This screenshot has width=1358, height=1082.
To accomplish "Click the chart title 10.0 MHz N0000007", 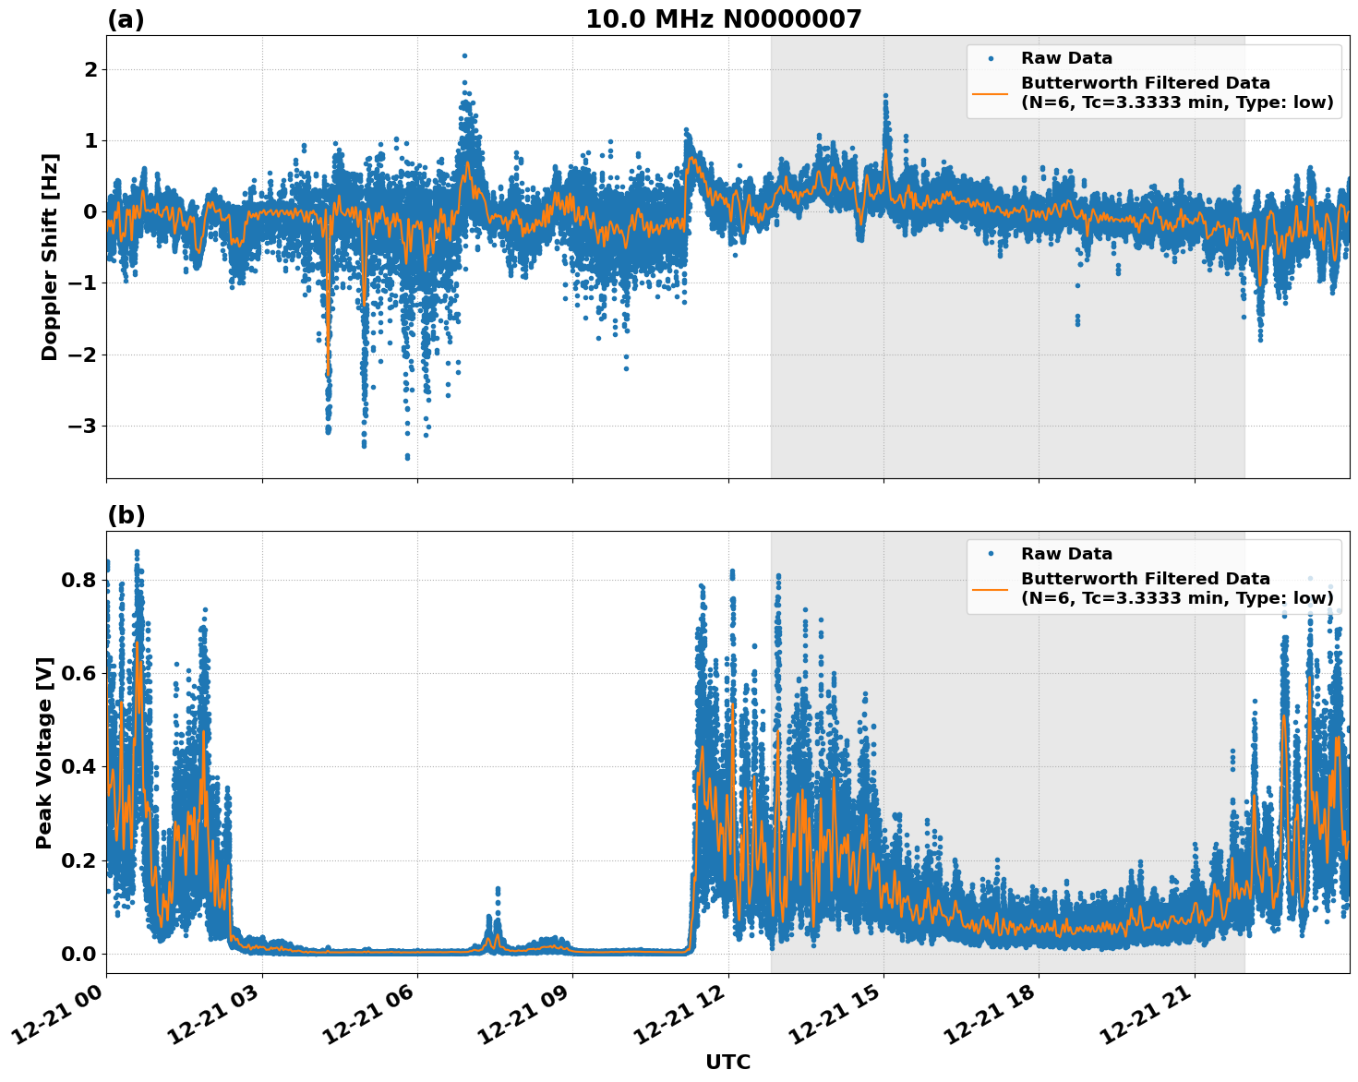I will coord(723,19).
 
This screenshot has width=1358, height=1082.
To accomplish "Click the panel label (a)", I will coord(126,19).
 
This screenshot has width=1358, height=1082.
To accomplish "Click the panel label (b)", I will coord(126,515).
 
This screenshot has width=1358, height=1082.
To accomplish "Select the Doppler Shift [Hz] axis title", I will coord(50,257).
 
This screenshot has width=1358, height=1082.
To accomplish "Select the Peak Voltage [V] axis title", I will coord(44,752).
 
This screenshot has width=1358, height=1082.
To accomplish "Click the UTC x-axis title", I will coord(727,1062).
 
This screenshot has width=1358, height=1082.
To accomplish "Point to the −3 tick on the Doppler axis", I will coord(78,426).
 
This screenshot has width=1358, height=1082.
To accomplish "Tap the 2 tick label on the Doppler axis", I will coord(90,70).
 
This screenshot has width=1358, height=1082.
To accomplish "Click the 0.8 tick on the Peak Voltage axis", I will coord(78,580).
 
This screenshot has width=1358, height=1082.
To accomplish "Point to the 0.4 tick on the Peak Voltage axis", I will coord(78,767).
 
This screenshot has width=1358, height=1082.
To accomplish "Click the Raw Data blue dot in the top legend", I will coord(991,58).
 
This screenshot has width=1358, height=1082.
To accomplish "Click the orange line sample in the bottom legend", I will coord(991,588).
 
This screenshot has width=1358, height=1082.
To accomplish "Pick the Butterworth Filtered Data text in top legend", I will coord(1145,83).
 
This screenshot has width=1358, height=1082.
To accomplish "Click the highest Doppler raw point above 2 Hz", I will coord(464,55).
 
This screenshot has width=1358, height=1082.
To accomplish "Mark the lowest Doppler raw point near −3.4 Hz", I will coord(407,457).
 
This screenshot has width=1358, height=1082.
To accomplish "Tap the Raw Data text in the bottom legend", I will coord(1066,554).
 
